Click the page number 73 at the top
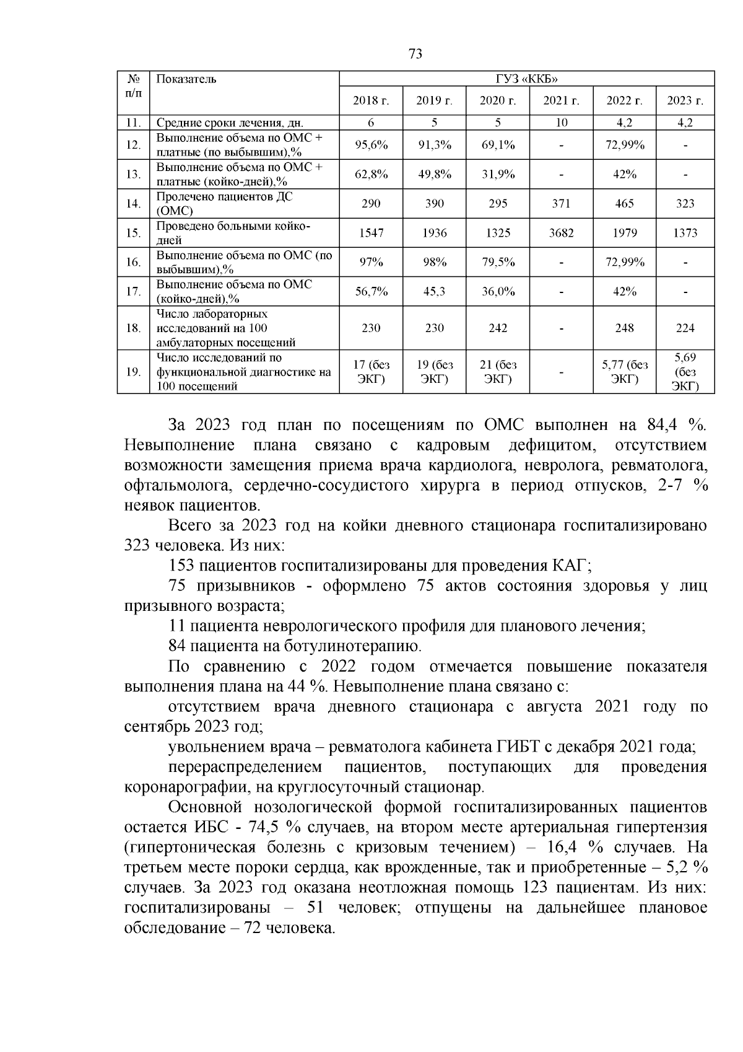[415, 54]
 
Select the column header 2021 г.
[561, 101]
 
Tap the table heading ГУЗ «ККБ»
[526, 79]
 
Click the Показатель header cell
[186, 79]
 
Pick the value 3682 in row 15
[561, 233]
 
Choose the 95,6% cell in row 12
[371, 145]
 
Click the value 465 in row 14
[624, 203]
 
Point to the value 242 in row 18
[498, 328]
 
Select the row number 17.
[133, 291]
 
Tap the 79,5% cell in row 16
[498, 262]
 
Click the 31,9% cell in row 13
[498, 174]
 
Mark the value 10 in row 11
[561, 123]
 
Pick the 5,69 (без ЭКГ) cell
[685, 372]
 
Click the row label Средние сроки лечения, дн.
[230, 123]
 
